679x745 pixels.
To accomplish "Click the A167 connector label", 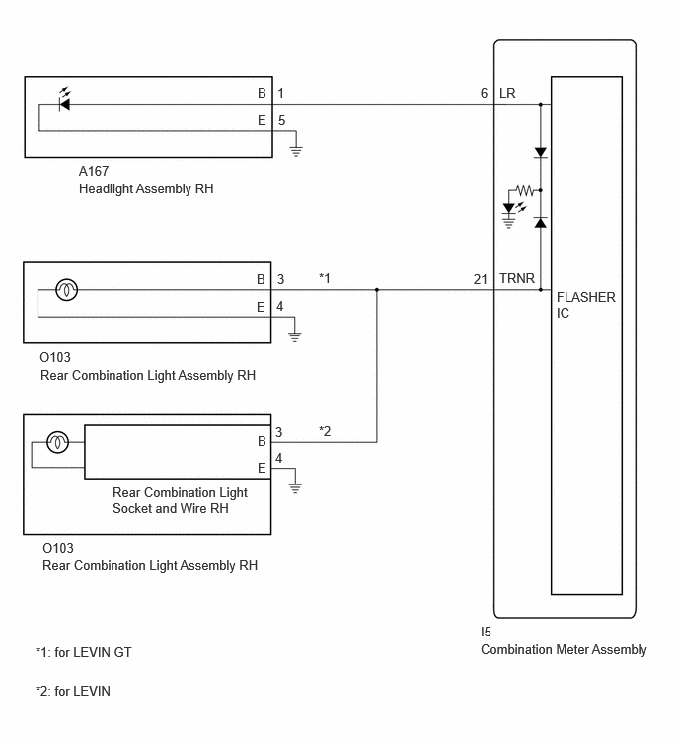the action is tap(94, 171).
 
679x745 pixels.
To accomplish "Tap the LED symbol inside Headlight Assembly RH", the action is tap(64, 100).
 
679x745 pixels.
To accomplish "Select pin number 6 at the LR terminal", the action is tap(484, 93).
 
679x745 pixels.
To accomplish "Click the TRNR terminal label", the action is tap(517, 278).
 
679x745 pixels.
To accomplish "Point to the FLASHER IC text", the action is tap(586, 305).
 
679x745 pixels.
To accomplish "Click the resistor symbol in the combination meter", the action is tap(525, 190).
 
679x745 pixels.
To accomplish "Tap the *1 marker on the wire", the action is tap(325, 278).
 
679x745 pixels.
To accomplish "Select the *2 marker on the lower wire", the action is tap(325, 431).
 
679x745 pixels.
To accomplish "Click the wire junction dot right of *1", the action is tap(377, 289).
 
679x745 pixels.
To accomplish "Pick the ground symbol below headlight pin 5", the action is tap(296, 151).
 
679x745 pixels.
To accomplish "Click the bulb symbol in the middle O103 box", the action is tap(66, 289).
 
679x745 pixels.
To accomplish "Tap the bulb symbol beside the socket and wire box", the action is tap(57, 442).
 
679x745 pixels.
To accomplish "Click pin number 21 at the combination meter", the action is tap(481, 279).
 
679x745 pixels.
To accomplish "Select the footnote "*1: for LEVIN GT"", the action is tap(84, 652).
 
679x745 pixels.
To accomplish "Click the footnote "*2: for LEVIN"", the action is tap(73, 691).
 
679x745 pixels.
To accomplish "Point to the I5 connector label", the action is tap(486, 632).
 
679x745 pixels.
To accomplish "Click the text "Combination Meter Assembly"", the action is tap(564, 649).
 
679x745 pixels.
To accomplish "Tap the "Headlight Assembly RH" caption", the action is tap(146, 188).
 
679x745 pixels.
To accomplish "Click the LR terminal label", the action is tap(507, 93).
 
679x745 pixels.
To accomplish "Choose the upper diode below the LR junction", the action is tap(540, 153).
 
